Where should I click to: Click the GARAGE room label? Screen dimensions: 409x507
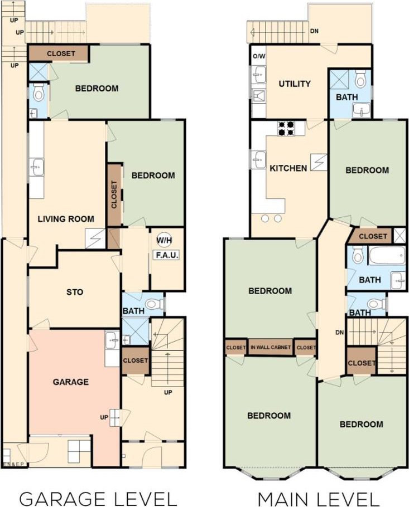click(71, 382)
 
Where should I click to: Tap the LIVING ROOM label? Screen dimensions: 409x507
click(66, 219)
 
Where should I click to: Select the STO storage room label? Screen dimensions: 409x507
click(75, 292)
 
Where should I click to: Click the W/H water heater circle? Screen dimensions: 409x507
click(165, 240)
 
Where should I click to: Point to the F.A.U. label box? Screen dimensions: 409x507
click(167, 255)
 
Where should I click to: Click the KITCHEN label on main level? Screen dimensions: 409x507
click(288, 168)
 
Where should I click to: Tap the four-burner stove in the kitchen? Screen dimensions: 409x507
click(286, 128)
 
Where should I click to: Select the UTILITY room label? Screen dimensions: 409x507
click(295, 84)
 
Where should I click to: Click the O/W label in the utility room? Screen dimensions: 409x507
click(259, 56)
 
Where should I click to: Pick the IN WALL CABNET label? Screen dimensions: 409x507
click(271, 347)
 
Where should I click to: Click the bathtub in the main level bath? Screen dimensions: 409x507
click(387, 256)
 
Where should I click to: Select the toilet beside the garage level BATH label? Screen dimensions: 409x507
click(154, 304)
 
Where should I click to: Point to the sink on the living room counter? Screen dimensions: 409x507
click(37, 167)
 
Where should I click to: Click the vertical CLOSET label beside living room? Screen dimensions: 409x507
click(114, 194)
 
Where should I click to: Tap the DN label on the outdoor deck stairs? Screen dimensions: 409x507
click(314, 31)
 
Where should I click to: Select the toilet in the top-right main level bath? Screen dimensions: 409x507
click(360, 79)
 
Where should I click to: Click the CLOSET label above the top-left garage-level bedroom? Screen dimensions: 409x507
click(61, 53)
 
